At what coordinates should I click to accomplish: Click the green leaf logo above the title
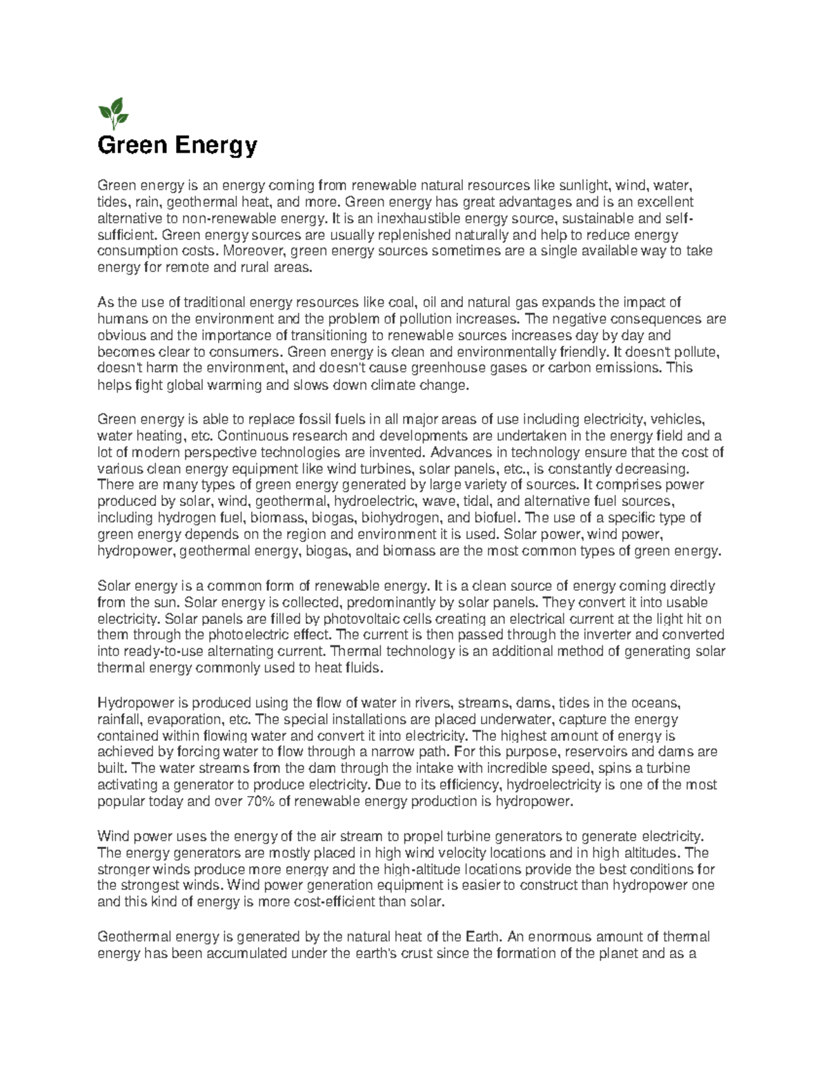point(112,113)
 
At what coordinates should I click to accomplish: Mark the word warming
point(237,385)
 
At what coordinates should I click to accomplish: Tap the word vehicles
point(678,419)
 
